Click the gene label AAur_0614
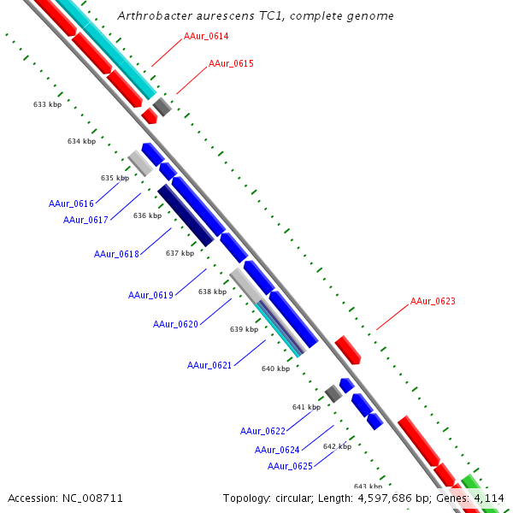(x=206, y=37)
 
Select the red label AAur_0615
(x=231, y=64)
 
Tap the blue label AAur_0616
(x=71, y=203)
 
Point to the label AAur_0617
(x=85, y=220)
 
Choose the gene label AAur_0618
(x=116, y=254)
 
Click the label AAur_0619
(x=150, y=295)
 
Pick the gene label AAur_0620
(x=175, y=324)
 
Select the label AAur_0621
(x=209, y=365)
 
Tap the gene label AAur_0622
(x=262, y=431)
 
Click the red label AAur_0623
(x=433, y=301)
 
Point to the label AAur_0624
(x=277, y=450)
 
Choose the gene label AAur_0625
(x=290, y=466)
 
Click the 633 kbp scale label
(x=47, y=104)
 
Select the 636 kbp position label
(x=147, y=215)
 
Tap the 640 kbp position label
(x=275, y=369)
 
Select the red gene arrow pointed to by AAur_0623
(x=348, y=350)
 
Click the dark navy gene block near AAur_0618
(x=186, y=215)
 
